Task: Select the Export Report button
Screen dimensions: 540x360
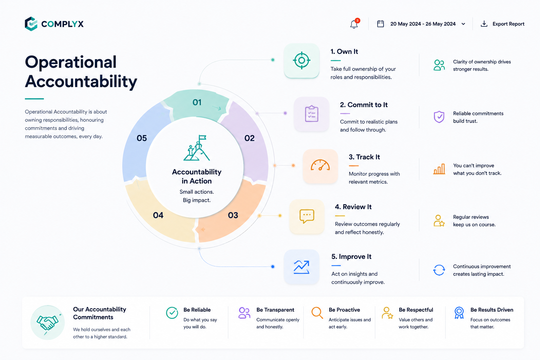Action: [x=502, y=24]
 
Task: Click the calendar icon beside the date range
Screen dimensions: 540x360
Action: [x=380, y=24]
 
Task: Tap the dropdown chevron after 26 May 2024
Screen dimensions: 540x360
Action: [x=463, y=24]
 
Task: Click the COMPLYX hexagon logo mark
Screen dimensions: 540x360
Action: [x=31, y=24]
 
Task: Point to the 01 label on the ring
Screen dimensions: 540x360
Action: [x=197, y=102]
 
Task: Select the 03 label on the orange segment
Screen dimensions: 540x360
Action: [x=233, y=215]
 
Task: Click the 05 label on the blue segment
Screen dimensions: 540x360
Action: [x=142, y=138]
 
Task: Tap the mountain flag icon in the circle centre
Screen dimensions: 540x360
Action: [x=197, y=148]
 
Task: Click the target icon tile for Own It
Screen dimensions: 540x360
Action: [x=302, y=60]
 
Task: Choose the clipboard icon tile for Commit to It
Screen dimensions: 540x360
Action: [x=312, y=114]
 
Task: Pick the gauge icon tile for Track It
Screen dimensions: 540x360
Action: [x=320, y=166]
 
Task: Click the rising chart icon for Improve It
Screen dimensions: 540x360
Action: [x=302, y=267]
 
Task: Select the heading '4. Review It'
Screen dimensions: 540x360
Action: [x=353, y=207]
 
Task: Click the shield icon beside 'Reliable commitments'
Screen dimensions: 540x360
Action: [x=439, y=117]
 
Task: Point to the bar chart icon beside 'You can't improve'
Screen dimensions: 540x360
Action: [x=439, y=169]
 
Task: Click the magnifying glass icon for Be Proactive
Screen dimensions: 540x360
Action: [x=317, y=313]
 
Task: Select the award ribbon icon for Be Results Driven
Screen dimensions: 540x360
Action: [x=459, y=313]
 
